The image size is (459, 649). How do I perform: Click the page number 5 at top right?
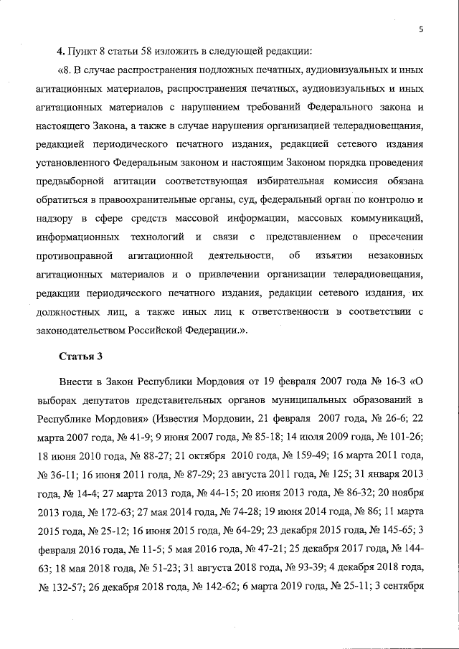(422, 29)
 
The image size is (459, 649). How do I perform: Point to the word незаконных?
(396, 255)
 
